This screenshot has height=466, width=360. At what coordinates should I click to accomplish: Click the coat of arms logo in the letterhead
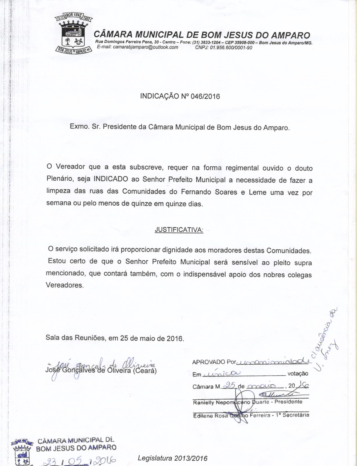pyautogui.click(x=73, y=33)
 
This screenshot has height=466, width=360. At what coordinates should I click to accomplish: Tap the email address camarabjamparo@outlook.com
pyautogui.click(x=137, y=47)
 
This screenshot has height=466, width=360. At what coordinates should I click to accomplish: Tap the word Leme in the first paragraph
pyautogui.click(x=257, y=192)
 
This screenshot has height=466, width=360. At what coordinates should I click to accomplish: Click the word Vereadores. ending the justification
pyautogui.click(x=65, y=285)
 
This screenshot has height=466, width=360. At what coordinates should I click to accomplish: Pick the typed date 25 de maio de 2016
pyautogui.click(x=152, y=338)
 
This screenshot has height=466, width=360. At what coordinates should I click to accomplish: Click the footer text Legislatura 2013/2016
pyautogui.click(x=173, y=458)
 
